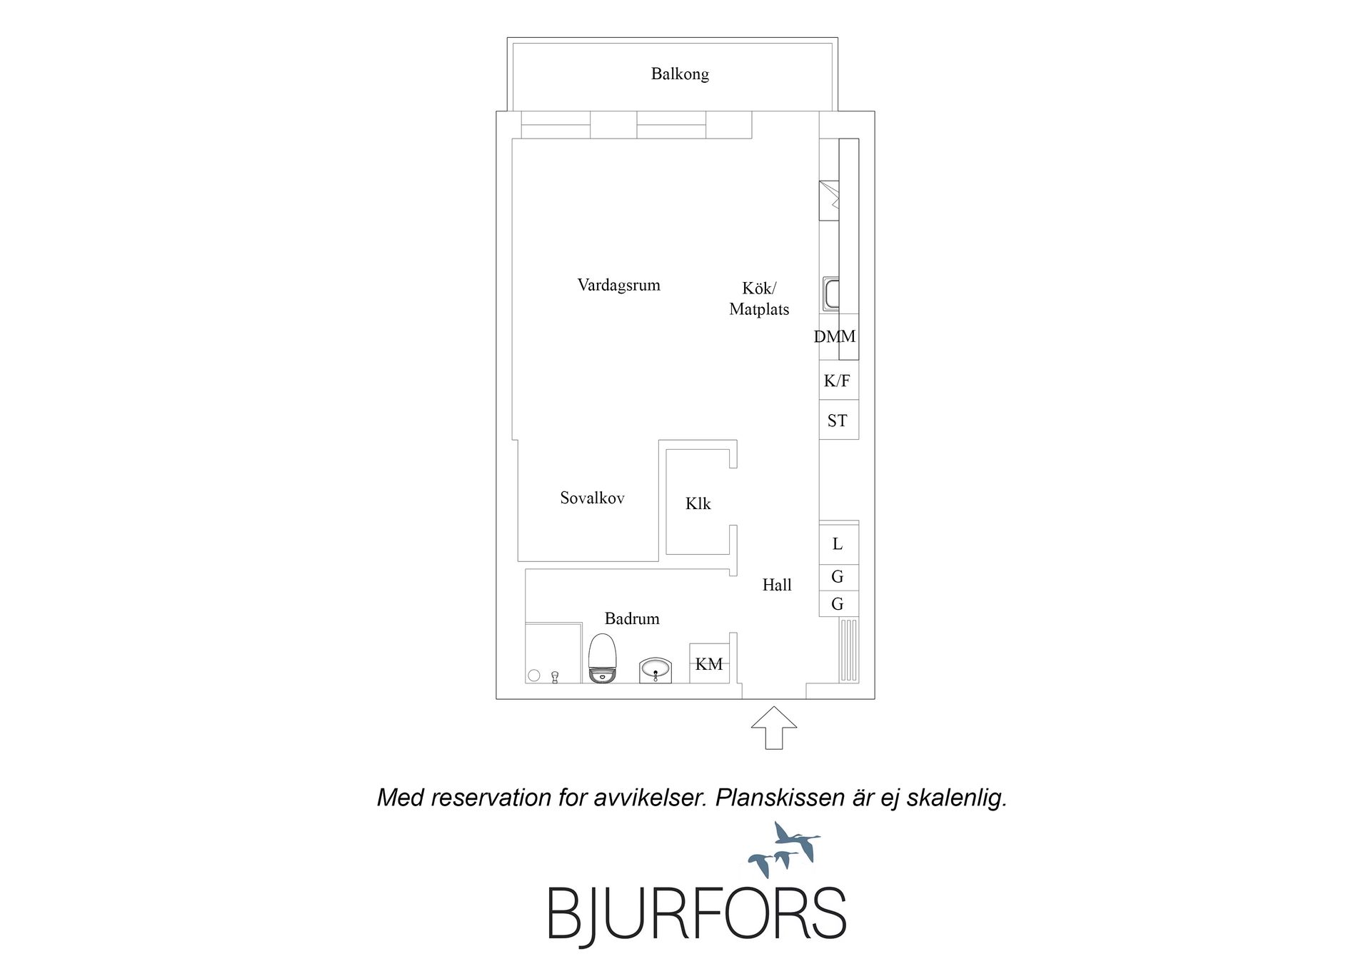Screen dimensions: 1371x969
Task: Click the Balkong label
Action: click(680, 74)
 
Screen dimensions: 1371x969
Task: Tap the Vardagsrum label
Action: click(618, 285)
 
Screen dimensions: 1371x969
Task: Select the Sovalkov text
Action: click(592, 498)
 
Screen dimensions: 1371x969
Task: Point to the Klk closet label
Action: click(698, 503)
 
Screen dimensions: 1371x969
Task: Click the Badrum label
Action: click(632, 618)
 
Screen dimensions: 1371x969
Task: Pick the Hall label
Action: click(777, 585)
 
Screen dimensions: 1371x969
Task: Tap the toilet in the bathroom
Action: click(602, 658)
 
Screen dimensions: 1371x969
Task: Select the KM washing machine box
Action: click(709, 663)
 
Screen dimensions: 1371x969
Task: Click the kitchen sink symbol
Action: click(830, 293)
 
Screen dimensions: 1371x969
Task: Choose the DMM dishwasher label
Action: click(835, 336)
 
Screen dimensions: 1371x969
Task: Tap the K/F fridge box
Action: click(838, 380)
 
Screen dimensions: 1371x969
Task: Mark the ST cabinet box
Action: click(838, 420)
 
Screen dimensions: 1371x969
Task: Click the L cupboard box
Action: click(838, 543)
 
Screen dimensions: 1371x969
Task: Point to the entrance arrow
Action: click(774, 728)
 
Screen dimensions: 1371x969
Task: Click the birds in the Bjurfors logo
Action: click(784, 849)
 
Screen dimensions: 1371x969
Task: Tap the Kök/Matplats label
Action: click(759, 298)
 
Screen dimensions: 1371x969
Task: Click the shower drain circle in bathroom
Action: click(533, 675)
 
